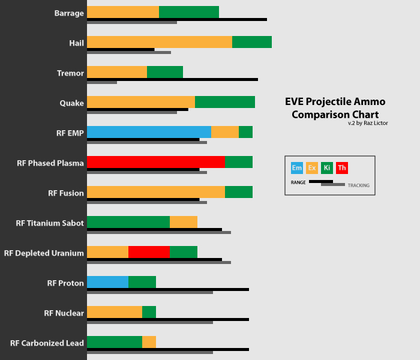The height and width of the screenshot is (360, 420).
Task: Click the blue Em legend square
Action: (x=296, y=168)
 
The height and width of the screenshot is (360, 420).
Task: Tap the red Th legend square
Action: (x=342, y=168)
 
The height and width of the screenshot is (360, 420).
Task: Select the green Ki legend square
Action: (x=327, y=168)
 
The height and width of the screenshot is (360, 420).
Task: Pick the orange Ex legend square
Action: (x=312, y=168)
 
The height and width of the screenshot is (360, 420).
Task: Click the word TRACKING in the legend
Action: (x=358, y=185)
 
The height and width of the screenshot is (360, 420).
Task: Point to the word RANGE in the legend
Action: (x=298, y=182)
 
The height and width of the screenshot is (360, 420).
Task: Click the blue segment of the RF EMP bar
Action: (x=149, y=132)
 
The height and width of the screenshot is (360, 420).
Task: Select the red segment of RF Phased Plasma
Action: (x=156, y=162)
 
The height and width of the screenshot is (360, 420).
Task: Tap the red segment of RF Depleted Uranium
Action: (x=149, y=252)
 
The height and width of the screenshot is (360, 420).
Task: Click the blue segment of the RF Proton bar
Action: (x=107, y=282)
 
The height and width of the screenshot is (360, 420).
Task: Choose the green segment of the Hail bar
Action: (x=252, y=42)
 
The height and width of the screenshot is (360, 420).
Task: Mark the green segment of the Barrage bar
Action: (x=189, y=12)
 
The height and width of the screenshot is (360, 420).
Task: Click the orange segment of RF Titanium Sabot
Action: (x=184, y=222)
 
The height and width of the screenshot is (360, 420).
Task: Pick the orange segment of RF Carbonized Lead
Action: (x=149, y=342)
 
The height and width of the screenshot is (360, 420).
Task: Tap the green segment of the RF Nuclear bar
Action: (x=149, y=312)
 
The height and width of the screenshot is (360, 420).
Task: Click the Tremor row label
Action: (x=70, y=73)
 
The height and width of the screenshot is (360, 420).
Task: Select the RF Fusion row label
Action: (x=66, y=193)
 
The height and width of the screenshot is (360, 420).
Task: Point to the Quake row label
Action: (x=71, y=103)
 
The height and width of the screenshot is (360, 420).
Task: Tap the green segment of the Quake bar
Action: (x=225, y=102)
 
